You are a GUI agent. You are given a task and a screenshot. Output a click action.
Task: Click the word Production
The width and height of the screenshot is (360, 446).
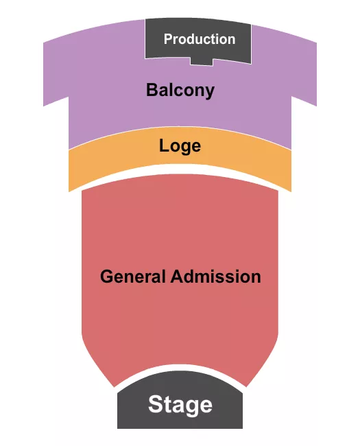point(199,39)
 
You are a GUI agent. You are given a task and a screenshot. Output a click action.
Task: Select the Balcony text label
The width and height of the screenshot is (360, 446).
point(180,90)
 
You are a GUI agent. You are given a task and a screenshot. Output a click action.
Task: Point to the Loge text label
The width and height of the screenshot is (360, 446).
point(180,145)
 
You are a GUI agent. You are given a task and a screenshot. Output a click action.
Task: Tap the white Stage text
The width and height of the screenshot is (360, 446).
point(180,405)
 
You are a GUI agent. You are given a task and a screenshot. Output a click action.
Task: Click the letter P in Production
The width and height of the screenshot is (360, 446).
point(168,39)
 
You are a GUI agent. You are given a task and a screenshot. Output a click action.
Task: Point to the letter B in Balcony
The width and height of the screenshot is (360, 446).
point(150,90)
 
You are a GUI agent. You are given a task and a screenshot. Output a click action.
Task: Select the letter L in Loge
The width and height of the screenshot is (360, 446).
point(163,145)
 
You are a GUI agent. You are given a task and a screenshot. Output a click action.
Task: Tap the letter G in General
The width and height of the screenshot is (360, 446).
point(106,277)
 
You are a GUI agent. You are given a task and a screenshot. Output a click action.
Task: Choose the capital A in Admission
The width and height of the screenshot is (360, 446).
point(176,277)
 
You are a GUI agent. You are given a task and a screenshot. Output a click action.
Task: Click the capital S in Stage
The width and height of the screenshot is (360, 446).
point(156,405)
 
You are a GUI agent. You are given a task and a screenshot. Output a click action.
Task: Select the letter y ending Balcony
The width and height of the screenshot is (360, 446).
point(210,91)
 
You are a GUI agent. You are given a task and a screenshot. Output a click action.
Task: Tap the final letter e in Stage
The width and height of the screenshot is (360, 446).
point(206,406)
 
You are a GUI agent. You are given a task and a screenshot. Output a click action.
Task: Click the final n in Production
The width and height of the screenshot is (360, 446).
point(231,40)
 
